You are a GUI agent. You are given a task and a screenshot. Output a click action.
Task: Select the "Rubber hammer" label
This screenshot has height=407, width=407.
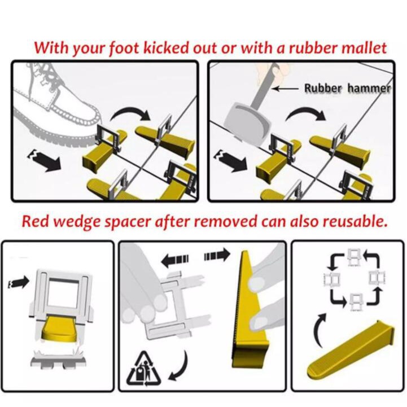pyautogui.click(x=347, y=88)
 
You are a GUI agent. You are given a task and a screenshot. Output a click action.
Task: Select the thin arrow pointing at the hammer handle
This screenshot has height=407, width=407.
pyautogui.click(x=285, y=89)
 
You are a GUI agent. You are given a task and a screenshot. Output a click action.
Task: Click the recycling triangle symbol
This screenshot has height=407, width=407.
pyautogui.click(x=143, y=369)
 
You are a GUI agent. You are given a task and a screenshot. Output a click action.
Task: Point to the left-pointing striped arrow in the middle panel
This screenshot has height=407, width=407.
pyautogui.click(x=175, y=260)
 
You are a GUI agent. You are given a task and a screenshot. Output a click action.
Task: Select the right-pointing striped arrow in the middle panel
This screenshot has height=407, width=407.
pyautogui.click(x=217, y=255)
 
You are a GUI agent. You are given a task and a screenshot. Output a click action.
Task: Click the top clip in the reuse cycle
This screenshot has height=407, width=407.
pyautogui.click(x=354, y=257)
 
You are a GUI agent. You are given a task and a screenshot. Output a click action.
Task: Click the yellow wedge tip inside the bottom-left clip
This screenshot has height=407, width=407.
pyautogui.click(x=59, y=327)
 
